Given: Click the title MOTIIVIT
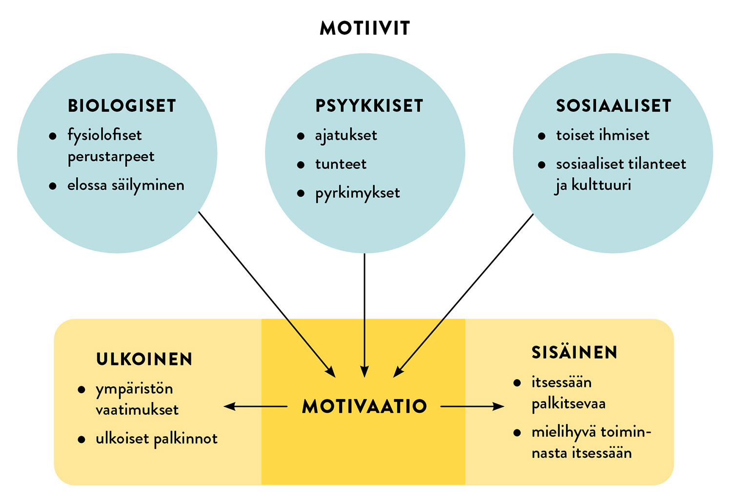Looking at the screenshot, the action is tap(365, 28).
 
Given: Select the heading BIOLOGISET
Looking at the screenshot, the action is tap(122, 106).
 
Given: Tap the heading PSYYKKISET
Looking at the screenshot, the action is tap(369, 106).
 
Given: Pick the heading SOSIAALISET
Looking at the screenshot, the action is tap(613, 106).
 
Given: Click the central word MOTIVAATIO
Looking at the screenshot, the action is tap(365, 406).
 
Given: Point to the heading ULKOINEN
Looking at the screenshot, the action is tap(144, 360).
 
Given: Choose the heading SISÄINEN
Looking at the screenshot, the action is tap(574, 352).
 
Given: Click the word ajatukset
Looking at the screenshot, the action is tap(346, 136).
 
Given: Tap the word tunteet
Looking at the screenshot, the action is tap(341, 164).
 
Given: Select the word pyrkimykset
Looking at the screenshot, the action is tap(357, 193).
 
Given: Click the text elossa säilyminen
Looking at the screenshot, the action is tap(126, 185).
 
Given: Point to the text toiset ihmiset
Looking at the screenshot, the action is tap(603, 135).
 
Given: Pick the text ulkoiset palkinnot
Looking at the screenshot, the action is tap(156, 439).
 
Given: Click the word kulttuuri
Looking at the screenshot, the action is tap(601, 185).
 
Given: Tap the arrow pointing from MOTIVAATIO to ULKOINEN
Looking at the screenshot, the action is tap(255, 406).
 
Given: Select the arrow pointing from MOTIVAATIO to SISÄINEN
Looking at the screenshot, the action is tap(472, 406).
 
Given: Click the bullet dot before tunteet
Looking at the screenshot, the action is tap(301, 165).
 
